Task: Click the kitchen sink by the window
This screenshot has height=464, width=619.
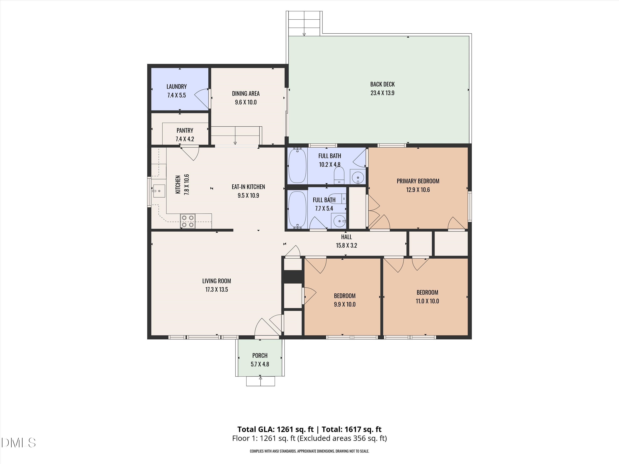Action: click(159, 191)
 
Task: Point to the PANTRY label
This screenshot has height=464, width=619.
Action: click(185, 131)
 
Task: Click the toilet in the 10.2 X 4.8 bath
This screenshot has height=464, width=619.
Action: click(339, 176)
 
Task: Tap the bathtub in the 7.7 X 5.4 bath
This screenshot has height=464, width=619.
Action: click(297, 209)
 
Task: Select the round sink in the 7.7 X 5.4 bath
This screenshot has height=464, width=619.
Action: click(339, 221)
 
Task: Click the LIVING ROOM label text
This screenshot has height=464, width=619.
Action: click(217, 281)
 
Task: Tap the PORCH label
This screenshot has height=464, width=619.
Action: click(260, 356)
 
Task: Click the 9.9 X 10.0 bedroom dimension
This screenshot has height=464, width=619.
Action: click(345, 305)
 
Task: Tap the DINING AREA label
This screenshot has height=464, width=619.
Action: click(246, 94)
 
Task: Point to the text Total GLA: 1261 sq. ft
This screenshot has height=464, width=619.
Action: click(275, 429)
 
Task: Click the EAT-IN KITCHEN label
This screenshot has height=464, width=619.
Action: click(248, 187)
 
